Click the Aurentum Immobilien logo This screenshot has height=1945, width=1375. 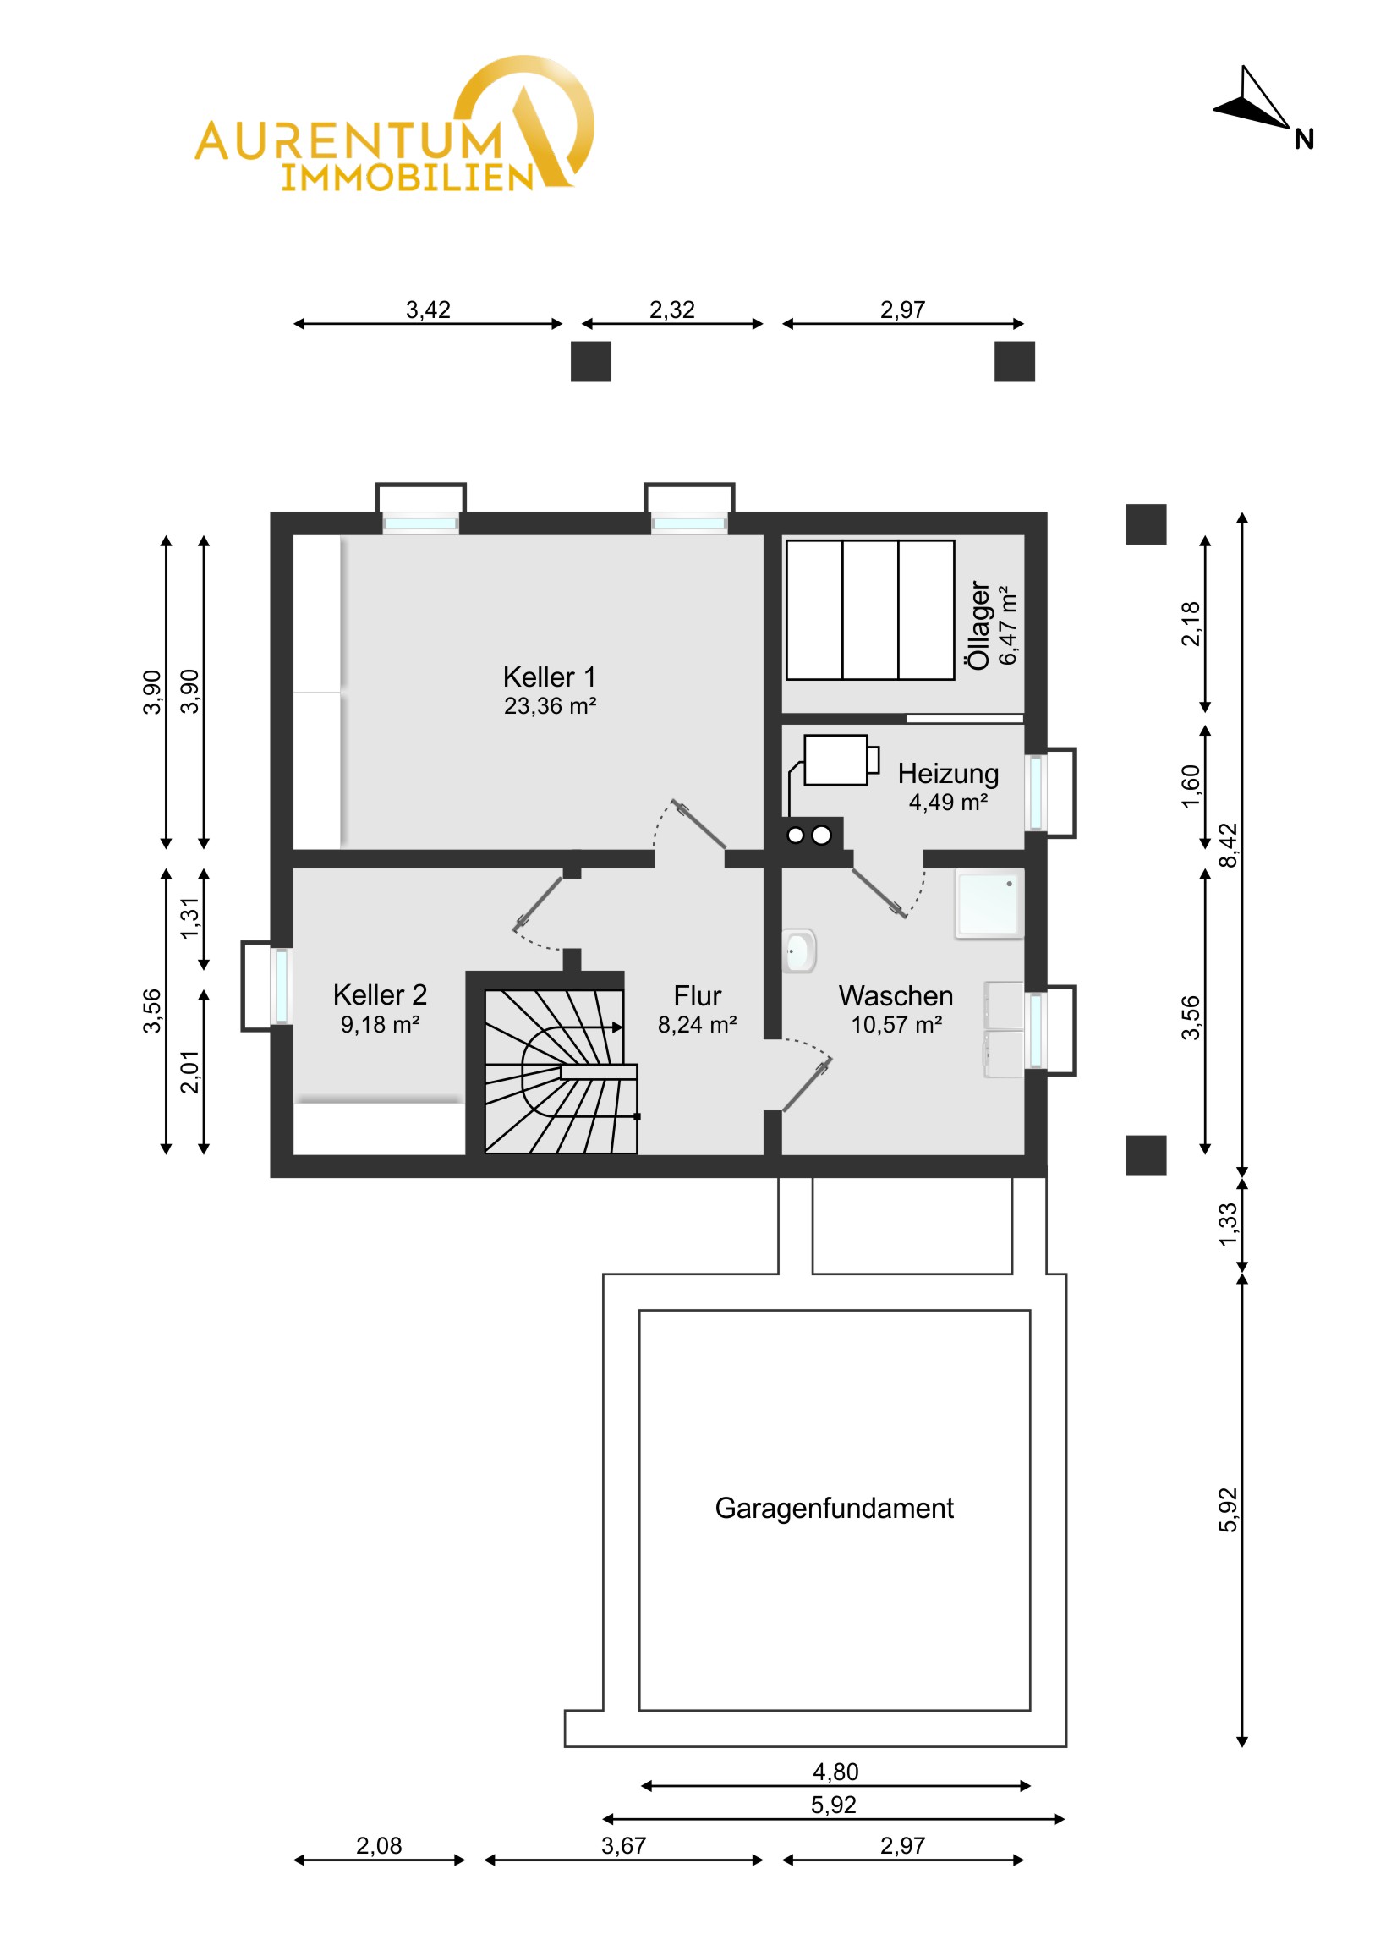click(x=395, y=123)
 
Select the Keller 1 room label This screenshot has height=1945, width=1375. click(x=549, y=677)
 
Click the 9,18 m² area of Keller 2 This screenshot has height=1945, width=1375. click(x=380, y=1024)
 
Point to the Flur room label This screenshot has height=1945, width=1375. click(x=697, y=995)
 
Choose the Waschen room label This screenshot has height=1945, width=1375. click(x=896, y=995)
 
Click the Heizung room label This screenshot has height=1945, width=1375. click(x=948, y=774)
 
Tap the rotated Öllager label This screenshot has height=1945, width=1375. click(x=978, y=625)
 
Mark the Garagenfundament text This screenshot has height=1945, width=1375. click(x=834, y=1509)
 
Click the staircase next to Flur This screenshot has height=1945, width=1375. click(x=560, y=1071)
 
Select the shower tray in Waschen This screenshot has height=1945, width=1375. click(x=989, y=903)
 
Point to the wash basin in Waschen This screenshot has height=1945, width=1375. click(x=798, y=951)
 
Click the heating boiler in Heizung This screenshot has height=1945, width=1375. click(x=835, y=760)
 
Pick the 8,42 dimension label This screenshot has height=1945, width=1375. click(x=1228, y=845)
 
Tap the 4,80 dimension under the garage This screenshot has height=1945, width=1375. click(x=835, y=1772)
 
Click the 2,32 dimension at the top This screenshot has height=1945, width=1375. click(x=671, y=310)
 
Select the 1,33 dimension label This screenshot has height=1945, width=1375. click(x=1228, y=1225)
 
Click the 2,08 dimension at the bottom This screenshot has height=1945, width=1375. click(x=379, y=1845)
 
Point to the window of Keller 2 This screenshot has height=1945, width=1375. click(x=281, y=986)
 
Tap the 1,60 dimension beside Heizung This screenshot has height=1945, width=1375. click(x=1191, y=787)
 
